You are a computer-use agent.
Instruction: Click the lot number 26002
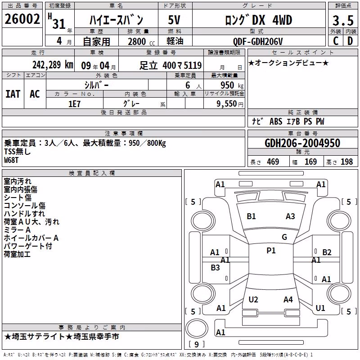click(22, 19)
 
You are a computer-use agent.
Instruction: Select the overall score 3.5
click(343, 20)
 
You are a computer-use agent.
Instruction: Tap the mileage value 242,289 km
click(53, 65)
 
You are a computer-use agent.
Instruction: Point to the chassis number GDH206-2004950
click(302, 143)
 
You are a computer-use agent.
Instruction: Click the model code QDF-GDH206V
click(258, 41)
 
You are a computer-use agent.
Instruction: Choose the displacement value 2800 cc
click(141, 41)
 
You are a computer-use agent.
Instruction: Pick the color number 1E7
click(74, 104)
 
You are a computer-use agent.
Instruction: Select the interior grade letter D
click(350, 41)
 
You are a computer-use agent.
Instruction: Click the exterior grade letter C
click(336, 41)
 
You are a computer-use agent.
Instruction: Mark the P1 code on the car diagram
click(271, 251)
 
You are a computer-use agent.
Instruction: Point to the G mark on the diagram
click(284, 237)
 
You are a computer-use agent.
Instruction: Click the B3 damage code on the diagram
click(215, 267)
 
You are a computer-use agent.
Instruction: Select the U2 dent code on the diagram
click(253, 299)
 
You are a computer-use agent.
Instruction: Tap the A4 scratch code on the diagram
click(288, 299)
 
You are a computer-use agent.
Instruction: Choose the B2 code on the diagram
click(327, 252)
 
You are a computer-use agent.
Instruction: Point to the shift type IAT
click(13, 94)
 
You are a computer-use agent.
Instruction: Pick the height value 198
click(346, 162)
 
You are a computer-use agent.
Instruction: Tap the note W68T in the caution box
click(11, 160)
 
